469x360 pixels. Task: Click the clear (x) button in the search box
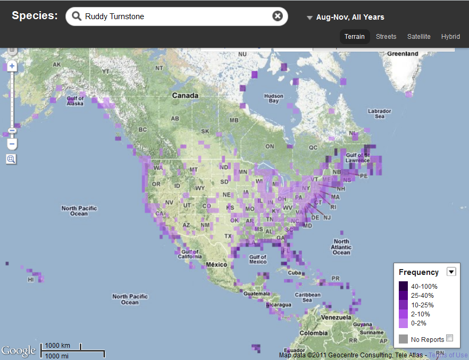[x=277, y=16]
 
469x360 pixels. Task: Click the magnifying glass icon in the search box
[x=77, y=16]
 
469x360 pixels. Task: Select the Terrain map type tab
[x=354, y=37]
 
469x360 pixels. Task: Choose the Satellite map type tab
[x=418, y=37]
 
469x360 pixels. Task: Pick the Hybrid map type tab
[x=450, y=37]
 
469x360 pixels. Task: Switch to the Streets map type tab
[x=386, y=37]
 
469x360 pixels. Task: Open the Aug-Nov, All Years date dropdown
[x=346, y=17]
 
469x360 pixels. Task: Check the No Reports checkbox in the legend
[x=450, y=338]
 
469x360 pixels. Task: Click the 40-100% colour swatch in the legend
[x=404, y=286]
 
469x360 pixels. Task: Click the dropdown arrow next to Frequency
[x=451, y=272]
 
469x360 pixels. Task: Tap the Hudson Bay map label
[x=273, y=98]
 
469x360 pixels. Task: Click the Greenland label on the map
[x=403, y=54]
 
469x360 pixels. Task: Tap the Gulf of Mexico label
[x=257, y=259]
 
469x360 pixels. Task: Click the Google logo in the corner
[x=19, y=350]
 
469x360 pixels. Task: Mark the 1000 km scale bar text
[x=57, y=346]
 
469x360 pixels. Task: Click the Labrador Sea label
[x=380, y=113]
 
